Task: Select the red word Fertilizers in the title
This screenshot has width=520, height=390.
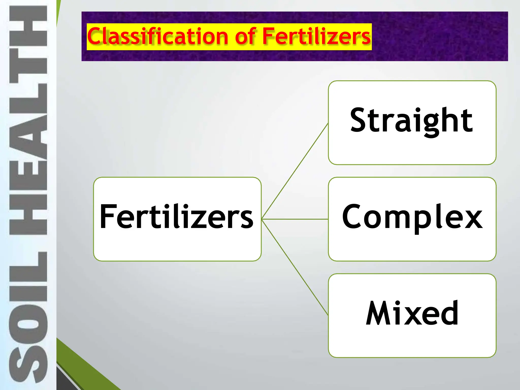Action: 316,37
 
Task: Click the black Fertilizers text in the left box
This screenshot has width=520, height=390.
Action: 177,217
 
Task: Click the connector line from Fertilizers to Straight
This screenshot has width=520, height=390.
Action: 295,171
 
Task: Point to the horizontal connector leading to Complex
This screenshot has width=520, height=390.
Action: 295,219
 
